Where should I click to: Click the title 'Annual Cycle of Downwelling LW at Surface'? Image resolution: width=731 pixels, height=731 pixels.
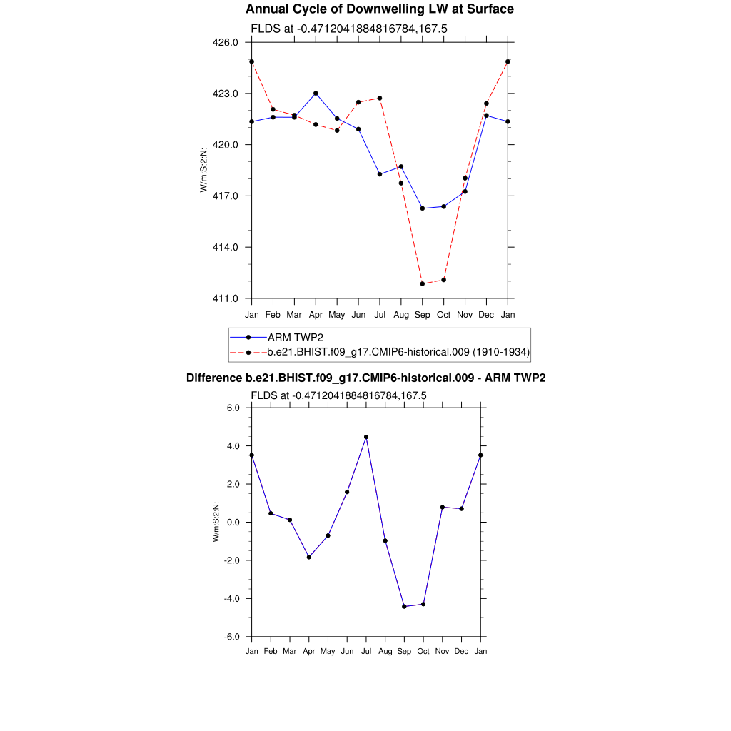point(379,9)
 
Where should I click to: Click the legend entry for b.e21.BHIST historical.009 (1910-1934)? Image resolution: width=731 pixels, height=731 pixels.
point(398,352)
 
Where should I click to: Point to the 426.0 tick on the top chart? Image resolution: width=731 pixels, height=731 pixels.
point(227,43)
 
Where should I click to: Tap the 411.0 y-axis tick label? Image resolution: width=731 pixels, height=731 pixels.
point(227,298)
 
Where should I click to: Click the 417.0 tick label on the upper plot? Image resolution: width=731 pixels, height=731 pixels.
point(227,196)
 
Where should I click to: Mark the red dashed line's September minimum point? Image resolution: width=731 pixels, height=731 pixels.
point(423,283)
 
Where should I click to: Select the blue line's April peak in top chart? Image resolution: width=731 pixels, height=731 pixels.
point(316,94)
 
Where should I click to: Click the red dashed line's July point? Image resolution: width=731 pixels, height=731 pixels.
point(380,98)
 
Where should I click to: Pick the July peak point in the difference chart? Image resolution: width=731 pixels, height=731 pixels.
point(366,437)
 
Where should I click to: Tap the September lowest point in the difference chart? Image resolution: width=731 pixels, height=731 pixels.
point(404,606)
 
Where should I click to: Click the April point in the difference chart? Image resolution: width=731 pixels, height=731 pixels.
point(308,557)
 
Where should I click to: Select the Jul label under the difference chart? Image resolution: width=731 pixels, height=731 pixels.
point(366,651)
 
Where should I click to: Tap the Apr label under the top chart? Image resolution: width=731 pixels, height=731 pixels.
point(316,314)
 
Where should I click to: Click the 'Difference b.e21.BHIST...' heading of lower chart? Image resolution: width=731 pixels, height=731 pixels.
point(365,378)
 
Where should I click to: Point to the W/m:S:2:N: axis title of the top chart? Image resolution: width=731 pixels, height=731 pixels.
point(204,170)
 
